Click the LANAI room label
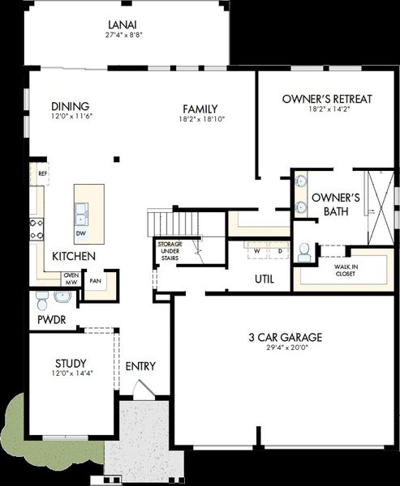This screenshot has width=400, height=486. click(123, 24)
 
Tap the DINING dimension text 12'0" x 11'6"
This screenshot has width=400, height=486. click(72, 117)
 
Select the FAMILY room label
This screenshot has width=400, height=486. click(200, 109)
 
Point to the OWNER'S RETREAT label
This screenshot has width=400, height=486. click(327, 99)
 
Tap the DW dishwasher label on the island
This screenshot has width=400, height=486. click(81, 233)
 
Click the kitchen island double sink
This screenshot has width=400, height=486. click(81, 214)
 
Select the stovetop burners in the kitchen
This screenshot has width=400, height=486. click(37, 229)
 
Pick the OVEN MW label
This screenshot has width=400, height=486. click(71, 279)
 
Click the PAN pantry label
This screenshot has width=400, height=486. click(95, 281)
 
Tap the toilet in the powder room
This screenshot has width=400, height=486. click(41, 301)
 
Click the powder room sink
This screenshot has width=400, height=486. click(62, 296)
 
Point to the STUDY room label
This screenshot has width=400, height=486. click(71, 363)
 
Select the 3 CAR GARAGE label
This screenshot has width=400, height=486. click(286, 337)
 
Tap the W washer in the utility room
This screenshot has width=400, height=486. click(257, 251)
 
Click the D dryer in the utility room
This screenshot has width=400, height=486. click(279, 251)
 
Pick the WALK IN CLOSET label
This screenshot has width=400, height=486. click(346, 271)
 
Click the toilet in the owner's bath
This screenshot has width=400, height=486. click(304, 253)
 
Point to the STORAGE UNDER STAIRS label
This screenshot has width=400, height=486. click(170, 251)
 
